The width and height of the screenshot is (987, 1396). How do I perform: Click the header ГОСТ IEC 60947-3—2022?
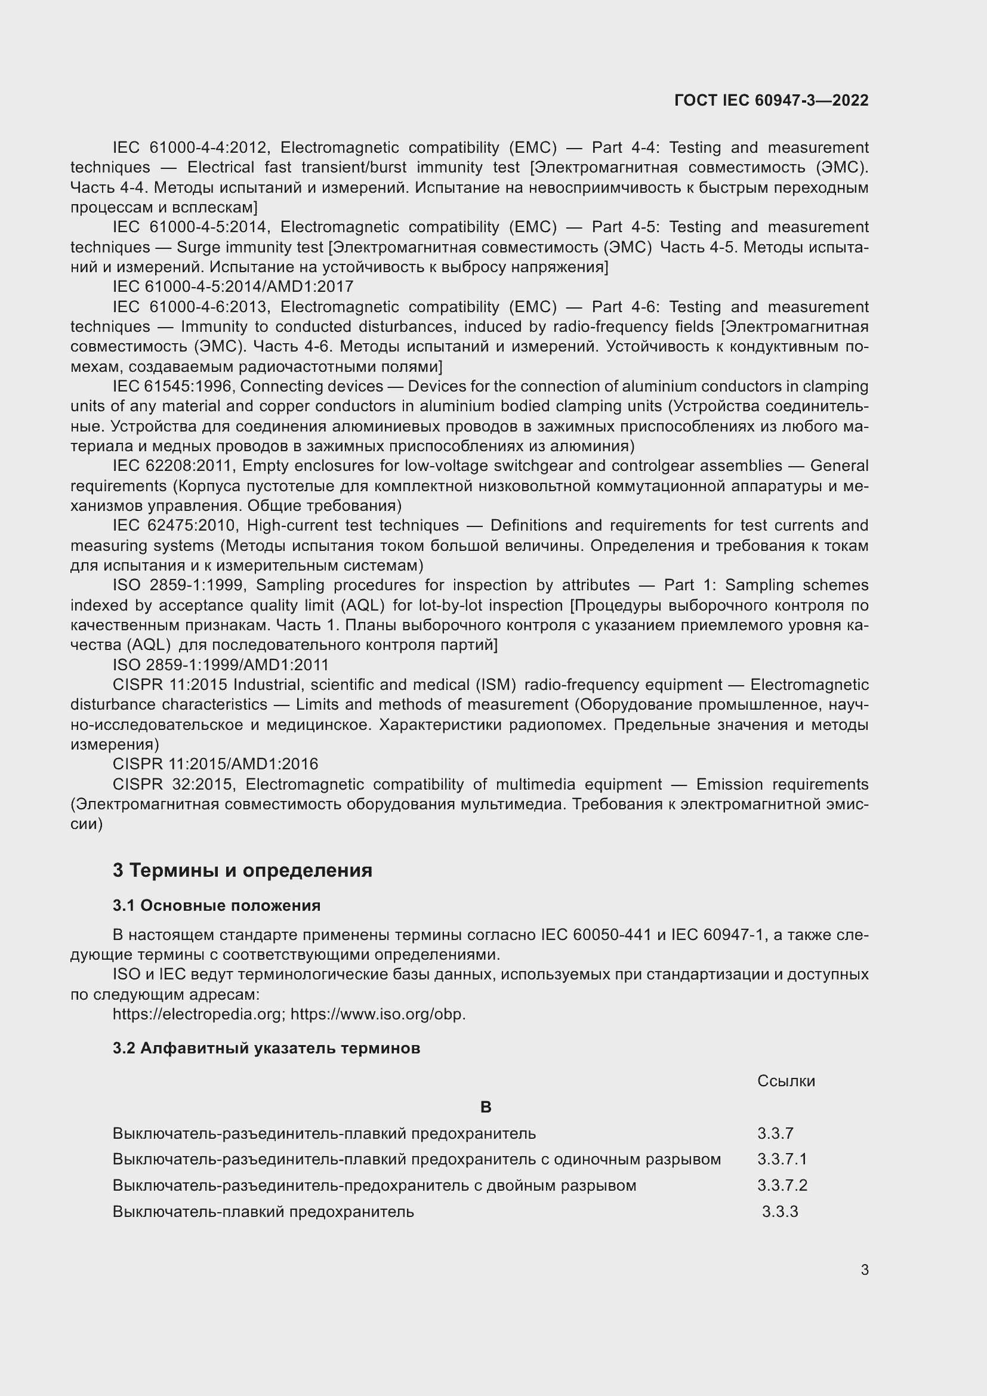tap(770, 100)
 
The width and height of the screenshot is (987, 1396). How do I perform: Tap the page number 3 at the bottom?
tap(864, 1270)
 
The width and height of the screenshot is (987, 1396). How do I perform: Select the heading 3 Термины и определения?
tap(242, 870)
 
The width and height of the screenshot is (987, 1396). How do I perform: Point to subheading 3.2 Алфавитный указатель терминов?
tap(266, 1048)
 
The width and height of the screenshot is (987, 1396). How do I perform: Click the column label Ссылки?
tap(786, 1080)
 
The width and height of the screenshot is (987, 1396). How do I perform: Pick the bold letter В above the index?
tap(486, 1107)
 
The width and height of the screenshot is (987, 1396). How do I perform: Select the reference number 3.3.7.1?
tap(782, 1159)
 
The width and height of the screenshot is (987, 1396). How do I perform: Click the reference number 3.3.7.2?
tap(782, 1185)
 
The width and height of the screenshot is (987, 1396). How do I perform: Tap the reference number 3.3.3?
tap(780, 1212)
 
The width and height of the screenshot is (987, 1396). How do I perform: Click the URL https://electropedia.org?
tap(199, 1014)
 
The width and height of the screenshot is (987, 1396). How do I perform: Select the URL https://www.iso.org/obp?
tap(378, 1014)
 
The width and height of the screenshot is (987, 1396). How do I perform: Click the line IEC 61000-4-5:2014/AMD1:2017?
tap(233, 286)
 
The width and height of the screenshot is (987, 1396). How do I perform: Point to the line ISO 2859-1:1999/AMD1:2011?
tap(221, 664)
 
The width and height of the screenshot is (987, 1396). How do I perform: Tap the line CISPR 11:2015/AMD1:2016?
tap(215, 764)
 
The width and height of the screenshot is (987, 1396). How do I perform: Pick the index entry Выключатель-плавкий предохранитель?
tap(263, 1212)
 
